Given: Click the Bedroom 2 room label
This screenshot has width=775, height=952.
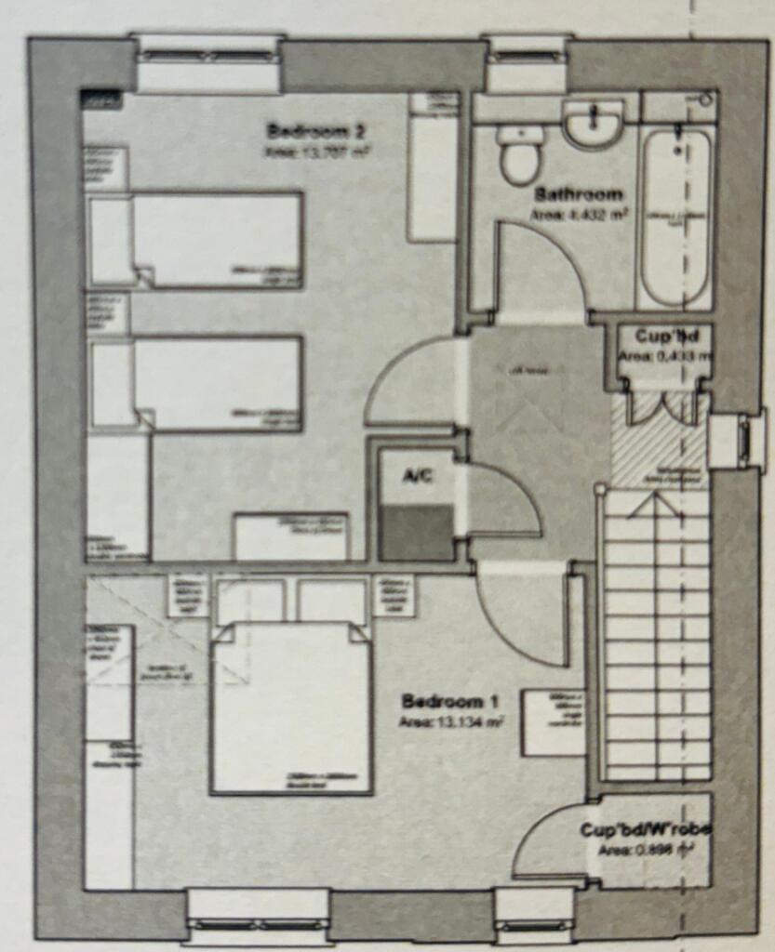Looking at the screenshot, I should tap(301, 130).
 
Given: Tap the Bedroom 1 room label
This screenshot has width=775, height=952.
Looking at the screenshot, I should tap(443, 701).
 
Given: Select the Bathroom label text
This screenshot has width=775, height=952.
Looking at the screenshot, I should tap(578, 195).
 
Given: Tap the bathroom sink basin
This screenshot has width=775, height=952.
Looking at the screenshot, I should tap(593, 123).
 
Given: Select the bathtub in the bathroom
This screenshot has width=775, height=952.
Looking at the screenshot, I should tap(676, 218).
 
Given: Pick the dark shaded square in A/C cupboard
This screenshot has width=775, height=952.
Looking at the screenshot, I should tap(418, 533).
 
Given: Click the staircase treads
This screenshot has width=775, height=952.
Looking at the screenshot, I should tap(657, 641).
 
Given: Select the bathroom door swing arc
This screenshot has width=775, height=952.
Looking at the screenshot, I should tap(540, 270).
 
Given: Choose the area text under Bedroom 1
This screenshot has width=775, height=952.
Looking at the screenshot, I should tap(451, 721).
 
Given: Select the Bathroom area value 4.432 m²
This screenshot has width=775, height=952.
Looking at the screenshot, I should tap(578, 214).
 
